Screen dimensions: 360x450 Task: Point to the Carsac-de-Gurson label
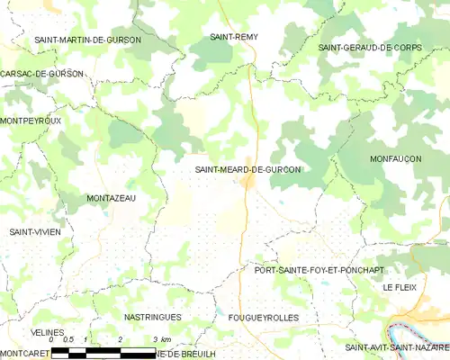pos(42,73)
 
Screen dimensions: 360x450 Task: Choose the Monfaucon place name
pos(395,158)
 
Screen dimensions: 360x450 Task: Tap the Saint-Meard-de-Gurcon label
pos(247,168)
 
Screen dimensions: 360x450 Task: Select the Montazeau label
pos(111,198)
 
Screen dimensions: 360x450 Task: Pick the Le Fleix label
pos(400,287)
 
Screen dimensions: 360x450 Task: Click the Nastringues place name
pos(152,318)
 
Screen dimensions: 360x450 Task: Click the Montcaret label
pos(24,354)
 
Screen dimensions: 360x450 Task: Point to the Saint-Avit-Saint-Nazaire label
pos(396,347)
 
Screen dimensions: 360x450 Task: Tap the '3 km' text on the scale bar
pos(162,339)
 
